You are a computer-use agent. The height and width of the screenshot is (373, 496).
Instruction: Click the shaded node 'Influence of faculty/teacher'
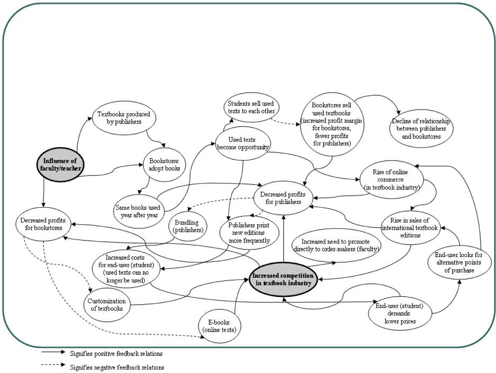60,165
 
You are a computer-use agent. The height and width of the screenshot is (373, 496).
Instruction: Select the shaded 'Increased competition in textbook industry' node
283,280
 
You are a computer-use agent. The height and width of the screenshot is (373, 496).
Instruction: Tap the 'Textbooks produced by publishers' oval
124,118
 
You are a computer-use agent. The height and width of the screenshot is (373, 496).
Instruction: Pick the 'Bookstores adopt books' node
164,165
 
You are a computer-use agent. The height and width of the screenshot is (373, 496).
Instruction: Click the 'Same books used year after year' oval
138,211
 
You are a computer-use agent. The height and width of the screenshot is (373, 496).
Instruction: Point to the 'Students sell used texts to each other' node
251,107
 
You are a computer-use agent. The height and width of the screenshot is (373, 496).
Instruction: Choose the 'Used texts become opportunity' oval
243,143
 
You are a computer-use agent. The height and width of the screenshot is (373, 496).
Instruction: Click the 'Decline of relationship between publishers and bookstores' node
421,129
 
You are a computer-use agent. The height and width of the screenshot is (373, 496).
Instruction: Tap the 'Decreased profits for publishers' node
283,198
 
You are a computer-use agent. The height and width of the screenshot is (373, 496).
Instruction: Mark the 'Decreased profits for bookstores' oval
43,224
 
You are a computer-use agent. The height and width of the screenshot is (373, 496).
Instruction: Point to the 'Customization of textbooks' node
107,305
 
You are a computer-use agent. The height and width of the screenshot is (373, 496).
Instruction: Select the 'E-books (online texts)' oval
219,326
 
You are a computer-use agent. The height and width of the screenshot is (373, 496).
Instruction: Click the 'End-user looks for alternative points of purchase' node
459,263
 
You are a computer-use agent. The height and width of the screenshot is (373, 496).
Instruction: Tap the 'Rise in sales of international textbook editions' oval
410,228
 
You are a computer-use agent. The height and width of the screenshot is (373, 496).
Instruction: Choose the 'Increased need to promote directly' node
336,246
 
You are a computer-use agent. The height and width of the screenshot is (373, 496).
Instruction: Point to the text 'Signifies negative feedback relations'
117,367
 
